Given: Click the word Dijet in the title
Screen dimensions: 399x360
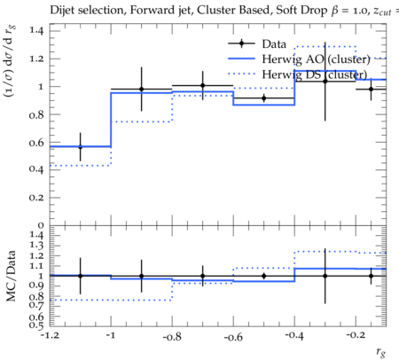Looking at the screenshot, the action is (x=64, y=11).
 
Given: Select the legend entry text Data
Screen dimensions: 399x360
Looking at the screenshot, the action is (x=274, y=44).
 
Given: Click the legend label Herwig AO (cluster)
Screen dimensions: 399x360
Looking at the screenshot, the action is (x=316, y=59).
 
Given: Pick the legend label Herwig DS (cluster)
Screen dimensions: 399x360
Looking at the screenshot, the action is (x=315, y=74).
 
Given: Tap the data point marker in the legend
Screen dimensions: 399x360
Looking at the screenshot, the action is (x=241, y=43).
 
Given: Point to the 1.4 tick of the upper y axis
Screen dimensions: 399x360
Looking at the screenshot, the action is (x=36, y=30).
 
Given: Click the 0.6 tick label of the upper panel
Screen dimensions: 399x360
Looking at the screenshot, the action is (x=36, y=143).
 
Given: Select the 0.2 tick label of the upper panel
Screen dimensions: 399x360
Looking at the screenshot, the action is (x=36, y=198).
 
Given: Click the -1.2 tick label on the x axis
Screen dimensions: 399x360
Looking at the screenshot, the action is (x=50, y=335).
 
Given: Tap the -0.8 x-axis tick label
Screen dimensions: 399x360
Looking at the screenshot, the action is (x=172, y=337).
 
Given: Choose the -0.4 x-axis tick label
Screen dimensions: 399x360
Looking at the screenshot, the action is (x=294, y=336).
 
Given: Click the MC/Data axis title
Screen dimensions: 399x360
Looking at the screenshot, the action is (x=11, y=276).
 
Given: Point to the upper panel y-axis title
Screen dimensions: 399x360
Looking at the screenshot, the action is (x=10, y=61).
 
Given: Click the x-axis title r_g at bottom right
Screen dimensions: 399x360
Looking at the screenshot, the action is (x=381, y=351).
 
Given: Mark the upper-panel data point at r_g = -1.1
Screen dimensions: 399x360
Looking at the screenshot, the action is (x=80, y=147).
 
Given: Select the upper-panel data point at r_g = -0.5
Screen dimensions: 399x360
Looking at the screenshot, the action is (x=264, y=98).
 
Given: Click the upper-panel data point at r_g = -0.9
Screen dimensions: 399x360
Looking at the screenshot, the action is (x=141, y=89).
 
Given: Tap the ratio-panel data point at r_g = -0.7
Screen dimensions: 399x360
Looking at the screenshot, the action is (x=203, y=276).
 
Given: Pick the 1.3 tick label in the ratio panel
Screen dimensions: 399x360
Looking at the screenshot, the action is (x=36, y=245).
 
